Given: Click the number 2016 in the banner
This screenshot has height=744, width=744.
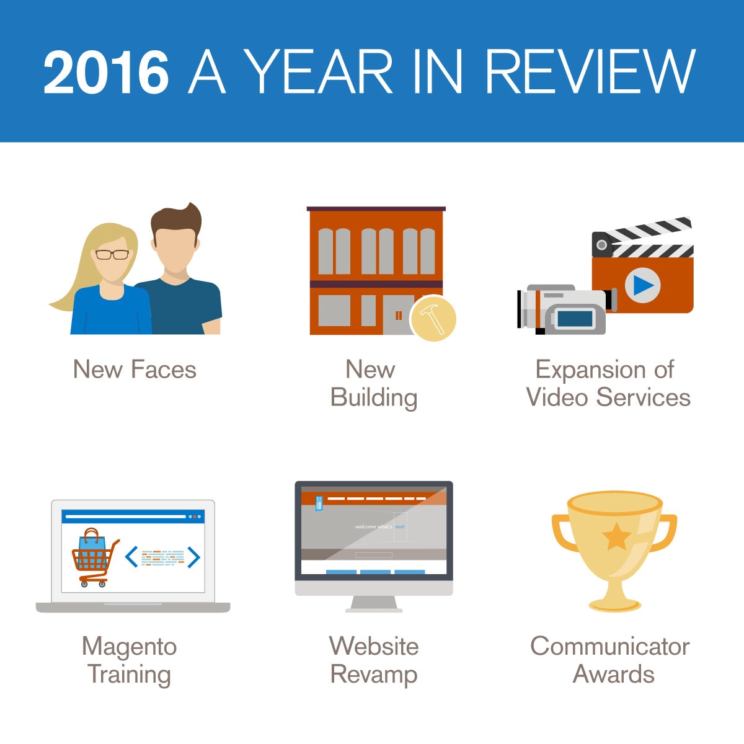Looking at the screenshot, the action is [x=106, y=72].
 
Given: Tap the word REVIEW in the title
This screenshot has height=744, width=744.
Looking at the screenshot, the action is [x=590, y=71].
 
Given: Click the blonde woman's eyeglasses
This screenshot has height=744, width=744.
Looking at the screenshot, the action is [x=112, y=255].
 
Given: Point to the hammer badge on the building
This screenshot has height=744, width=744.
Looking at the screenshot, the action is [x=433, y=319].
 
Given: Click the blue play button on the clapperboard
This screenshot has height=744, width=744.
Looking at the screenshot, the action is [x=643, y=285].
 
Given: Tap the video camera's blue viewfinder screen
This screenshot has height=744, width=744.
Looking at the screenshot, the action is [x=575, y=319].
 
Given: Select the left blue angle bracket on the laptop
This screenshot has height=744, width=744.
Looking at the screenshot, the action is [x=131, y=557].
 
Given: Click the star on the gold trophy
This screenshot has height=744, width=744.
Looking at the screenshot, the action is [x=616, y=537].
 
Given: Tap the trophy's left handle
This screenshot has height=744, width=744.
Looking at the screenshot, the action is [x=562, y=531].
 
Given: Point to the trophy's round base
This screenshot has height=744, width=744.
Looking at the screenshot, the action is [x=614, y=605].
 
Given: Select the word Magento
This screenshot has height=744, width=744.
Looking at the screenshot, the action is [x=130, y=647].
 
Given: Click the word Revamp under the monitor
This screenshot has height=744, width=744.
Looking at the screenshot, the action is [x=374, y=676].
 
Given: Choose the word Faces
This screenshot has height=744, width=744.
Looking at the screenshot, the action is [x=164, y=370].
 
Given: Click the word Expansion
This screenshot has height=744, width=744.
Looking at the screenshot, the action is [x=590, y=371].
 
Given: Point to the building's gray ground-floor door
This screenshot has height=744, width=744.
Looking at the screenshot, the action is [x=397, y=315].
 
